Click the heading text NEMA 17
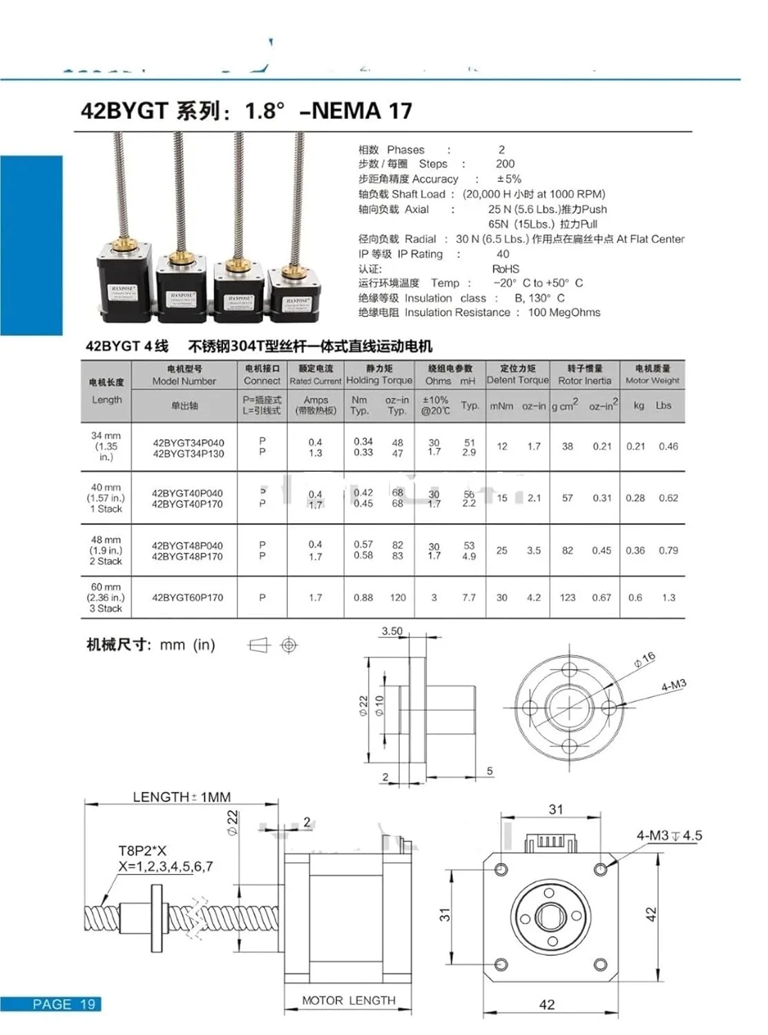(362, 110)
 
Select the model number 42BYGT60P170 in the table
(187, 598)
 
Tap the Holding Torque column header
(378, 380)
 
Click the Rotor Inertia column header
(584, 380)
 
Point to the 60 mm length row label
(106, 598)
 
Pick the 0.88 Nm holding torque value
(363, 598)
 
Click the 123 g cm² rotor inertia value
(568, 598)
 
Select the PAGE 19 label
(64, 1004)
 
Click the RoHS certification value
(506, 268)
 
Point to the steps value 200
(505, 164)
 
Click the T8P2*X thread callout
(142, 851)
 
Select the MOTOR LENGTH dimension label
(349, 1000)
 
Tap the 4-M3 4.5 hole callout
(669, 836)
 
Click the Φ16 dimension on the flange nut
(644, 660)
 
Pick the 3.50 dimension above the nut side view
(392, 631)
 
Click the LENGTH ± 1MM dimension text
(182, 797)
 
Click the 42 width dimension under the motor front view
(546, 1005)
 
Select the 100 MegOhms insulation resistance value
(564, 313)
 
